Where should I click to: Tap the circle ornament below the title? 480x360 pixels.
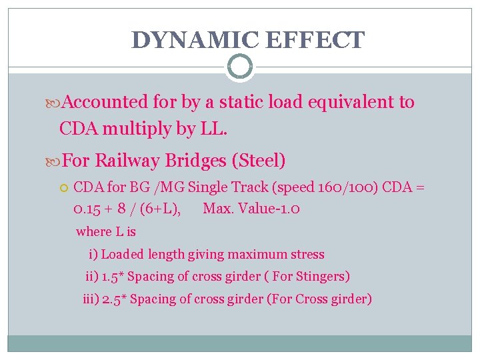[240, 67]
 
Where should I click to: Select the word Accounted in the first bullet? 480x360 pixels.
[107, 102]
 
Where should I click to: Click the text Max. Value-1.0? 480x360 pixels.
[251, 209]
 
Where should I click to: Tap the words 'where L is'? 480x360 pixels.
[106, 232]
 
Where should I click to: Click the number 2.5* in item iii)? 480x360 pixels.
[114, 299]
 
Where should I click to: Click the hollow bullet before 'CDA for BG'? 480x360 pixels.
[64, 188]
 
